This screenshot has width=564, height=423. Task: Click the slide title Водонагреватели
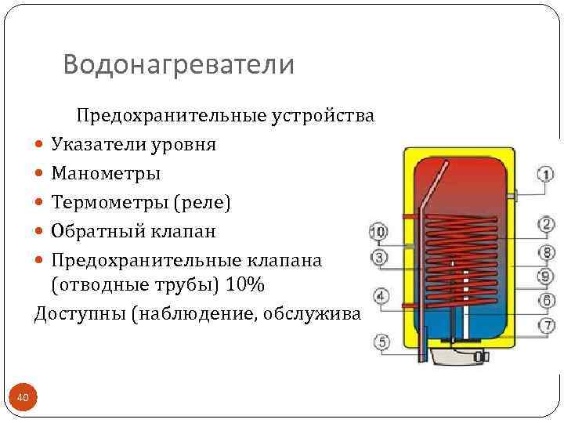[179, 64]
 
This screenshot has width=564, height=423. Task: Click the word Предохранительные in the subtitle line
[170, 116]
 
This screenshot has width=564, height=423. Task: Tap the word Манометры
[106, 173]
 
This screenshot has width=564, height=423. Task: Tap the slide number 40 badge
[23, 399]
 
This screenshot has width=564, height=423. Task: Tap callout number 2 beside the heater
[546, 225]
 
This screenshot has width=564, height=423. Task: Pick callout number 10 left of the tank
[378, 232]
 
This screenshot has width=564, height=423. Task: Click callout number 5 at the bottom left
[381, 342]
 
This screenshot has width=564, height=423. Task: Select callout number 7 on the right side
[546, 325]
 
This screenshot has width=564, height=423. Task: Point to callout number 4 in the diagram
[381, 296]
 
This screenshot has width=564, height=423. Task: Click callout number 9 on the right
[546, 276]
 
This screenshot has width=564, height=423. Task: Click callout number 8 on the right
[546, 251]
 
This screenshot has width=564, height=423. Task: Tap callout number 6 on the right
[546, 301]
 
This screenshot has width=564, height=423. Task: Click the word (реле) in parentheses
[201, 203]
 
